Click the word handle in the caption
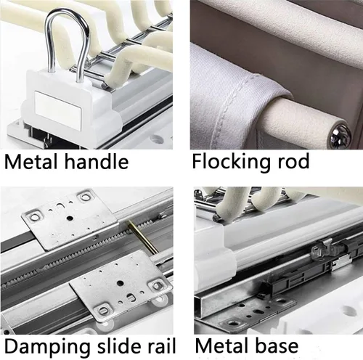[97, 161]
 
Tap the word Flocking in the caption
[231, 162]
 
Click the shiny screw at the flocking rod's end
[340, 134]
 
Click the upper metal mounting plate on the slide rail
[69, 219]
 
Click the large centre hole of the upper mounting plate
[70, 218]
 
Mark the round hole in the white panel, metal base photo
[348, 311]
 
